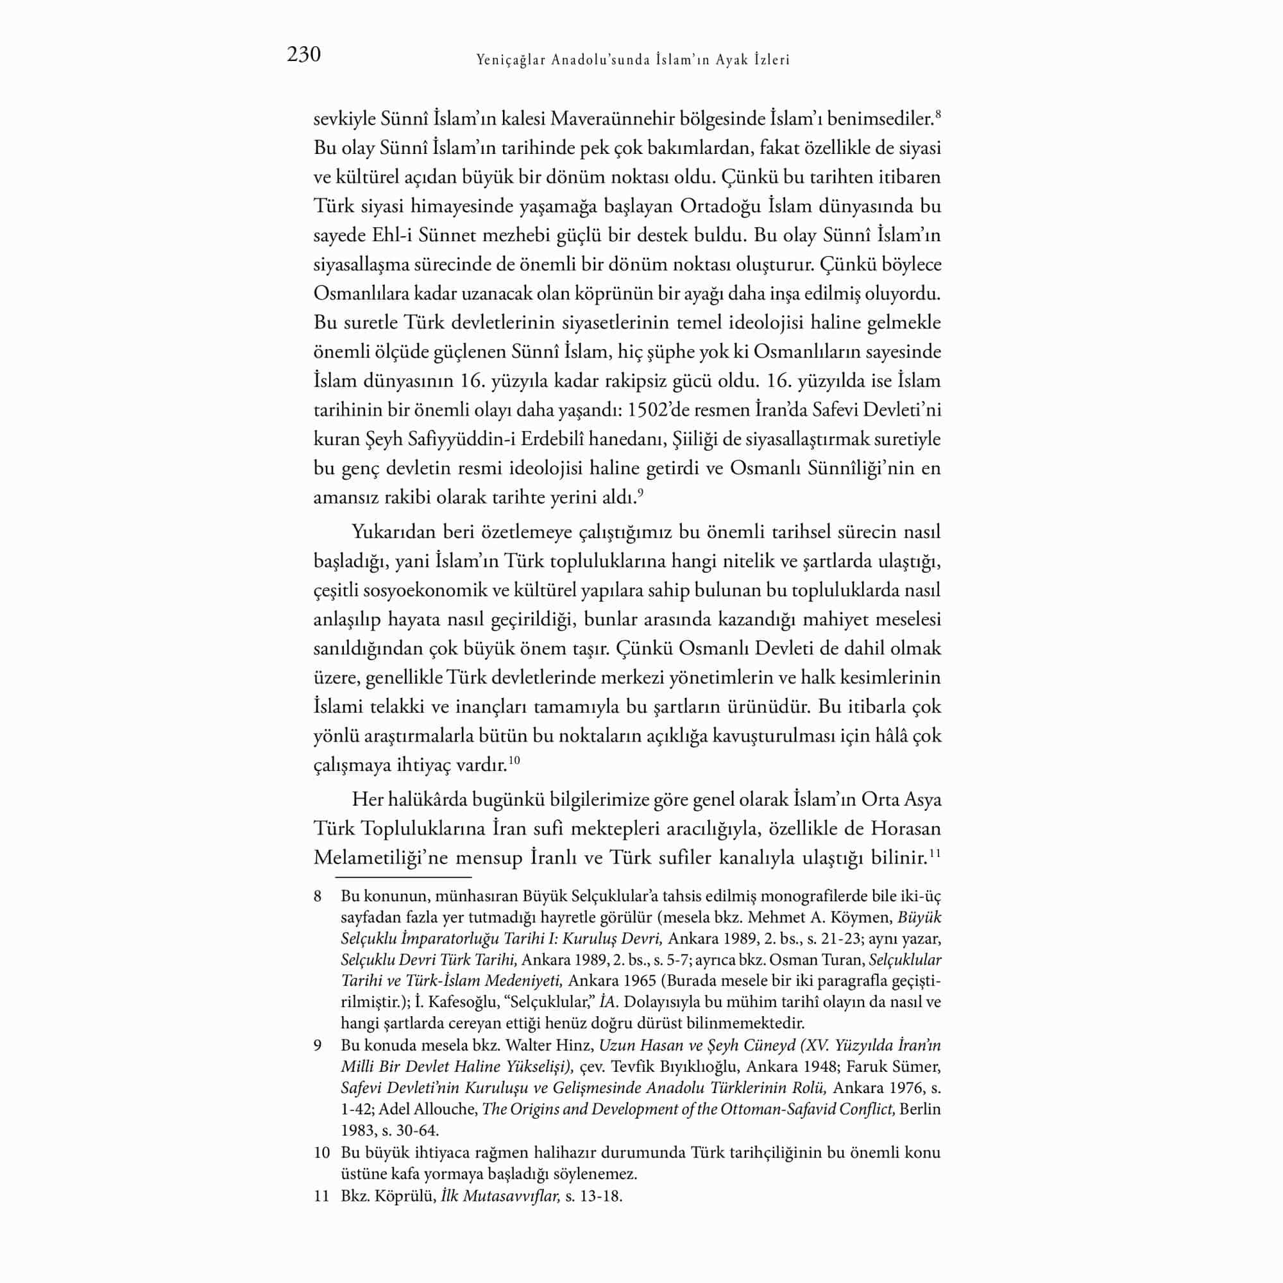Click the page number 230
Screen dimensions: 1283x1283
point(303,55)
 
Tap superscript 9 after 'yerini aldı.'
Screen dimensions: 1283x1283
point(641,492)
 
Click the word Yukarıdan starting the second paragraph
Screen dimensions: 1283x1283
point(393,532)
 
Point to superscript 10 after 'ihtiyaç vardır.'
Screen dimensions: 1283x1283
point(514,760)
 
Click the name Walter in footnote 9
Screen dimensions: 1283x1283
point(527,1045)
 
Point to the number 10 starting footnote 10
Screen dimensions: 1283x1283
point(322,1153)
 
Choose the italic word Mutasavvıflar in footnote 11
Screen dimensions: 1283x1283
point(512,1197)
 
